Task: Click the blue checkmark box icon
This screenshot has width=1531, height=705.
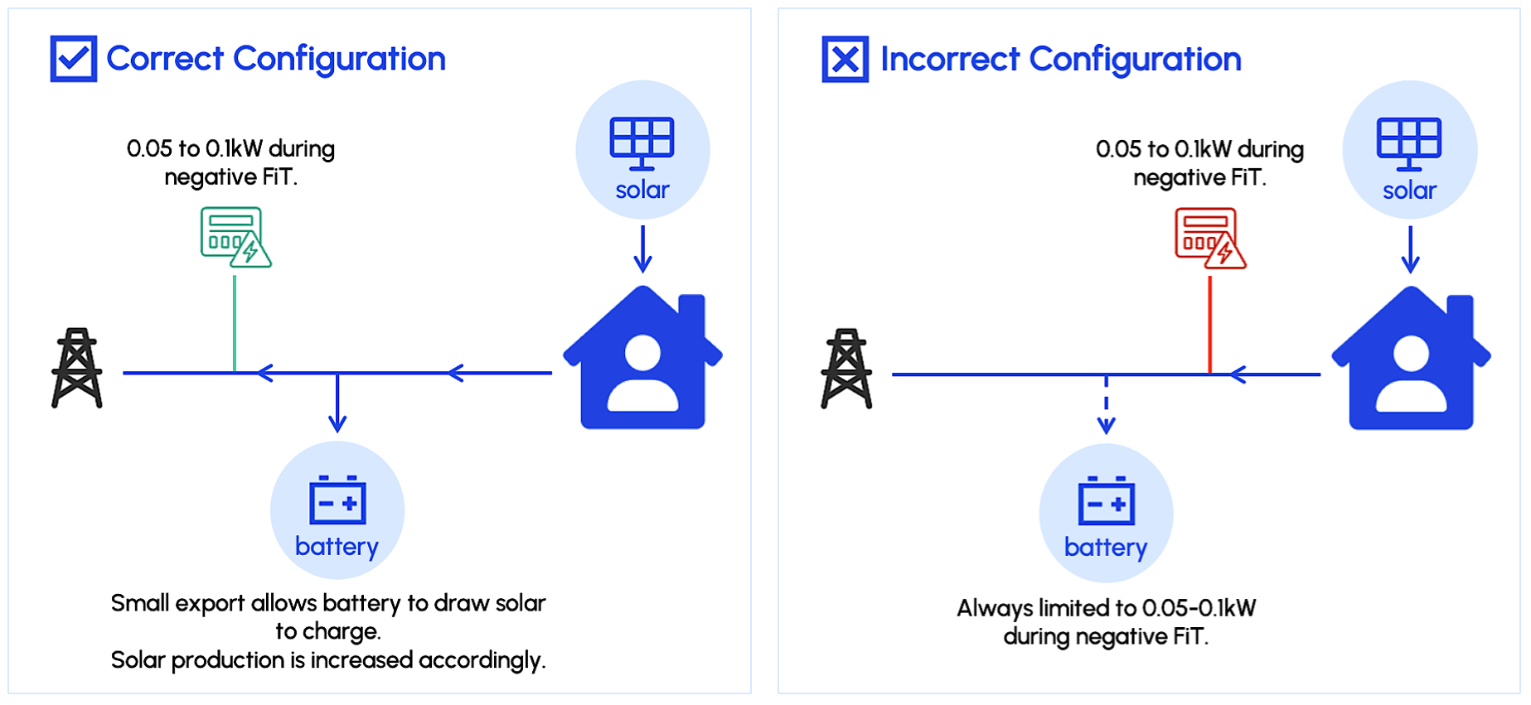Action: (73, 59)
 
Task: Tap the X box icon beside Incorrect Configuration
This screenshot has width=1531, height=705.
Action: (845, 60)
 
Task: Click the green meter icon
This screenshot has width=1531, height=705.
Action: (235, 237)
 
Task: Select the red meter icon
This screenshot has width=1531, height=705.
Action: (1209, 239)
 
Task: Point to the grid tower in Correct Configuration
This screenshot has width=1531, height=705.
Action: (77, 369)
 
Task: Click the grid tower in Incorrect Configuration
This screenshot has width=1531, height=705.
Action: (846, 369)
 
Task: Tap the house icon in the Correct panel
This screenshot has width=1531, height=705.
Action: (642, 360)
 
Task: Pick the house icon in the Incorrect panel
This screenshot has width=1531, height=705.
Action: (1411, 360)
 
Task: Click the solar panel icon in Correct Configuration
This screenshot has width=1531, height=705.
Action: (642, 142)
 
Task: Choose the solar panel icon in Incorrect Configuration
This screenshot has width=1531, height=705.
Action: (1409, 143)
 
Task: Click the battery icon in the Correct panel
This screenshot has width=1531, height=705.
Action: (337, 500)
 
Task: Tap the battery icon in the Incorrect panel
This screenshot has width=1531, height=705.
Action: (1106, 501)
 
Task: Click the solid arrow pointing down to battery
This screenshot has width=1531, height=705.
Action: (337, 404)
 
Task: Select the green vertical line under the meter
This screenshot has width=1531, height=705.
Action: (235, 323)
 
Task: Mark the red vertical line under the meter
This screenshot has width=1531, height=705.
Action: (1209, 325)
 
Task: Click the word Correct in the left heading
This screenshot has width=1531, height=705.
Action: (165, 59)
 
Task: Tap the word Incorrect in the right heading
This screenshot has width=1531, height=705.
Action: (949, 60)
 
